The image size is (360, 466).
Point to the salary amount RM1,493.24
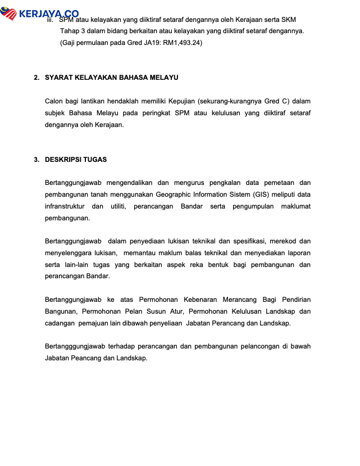182,42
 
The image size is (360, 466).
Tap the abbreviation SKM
288,20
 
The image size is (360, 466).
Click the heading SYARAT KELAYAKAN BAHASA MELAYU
112,78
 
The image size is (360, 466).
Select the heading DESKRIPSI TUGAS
76,160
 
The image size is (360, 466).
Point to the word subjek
56,113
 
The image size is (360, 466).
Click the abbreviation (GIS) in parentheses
261,194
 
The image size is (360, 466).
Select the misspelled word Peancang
86,358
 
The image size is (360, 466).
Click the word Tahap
69,31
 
